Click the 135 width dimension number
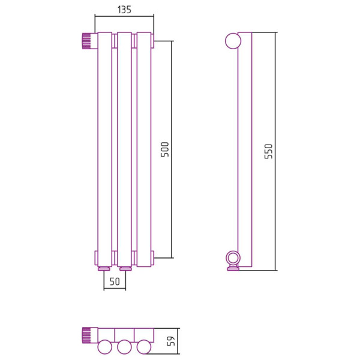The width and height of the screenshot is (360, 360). (x=124, y=10)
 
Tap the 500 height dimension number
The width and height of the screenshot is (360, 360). (x=165, y=149)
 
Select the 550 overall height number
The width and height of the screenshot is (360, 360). (x=268, y=151)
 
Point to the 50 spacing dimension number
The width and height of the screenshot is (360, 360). (x=115, y=281)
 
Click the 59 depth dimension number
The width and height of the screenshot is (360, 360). (x=171, y=341)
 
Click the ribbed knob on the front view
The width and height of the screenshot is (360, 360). (x=87, y=41)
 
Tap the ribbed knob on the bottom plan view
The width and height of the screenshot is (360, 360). (x=86, y=335)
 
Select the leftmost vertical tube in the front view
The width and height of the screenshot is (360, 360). (x=105, y=149)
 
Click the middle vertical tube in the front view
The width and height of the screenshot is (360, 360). (x=124, y=149)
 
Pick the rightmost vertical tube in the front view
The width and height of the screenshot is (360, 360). (x=144, y=149)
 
